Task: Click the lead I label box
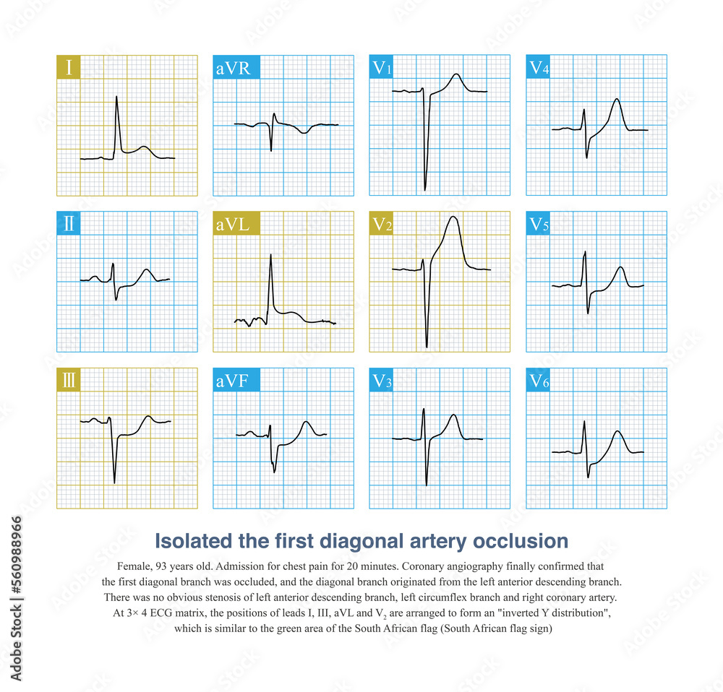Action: [x=69, y=67]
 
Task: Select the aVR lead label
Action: [x=236, y=67]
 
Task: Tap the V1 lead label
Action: [x=383, y=67]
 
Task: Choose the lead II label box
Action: [x=69, y=223]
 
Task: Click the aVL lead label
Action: [x=236, y=223]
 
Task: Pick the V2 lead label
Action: [x=383, y=224]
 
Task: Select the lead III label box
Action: [x=69, y=380]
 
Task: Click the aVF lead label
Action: [x=235, y=380]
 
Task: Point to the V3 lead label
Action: [x=383, y=380]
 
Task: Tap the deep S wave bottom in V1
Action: [x=425, y=189]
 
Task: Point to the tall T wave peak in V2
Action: [x=453, y=217]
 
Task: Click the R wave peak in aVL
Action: [x=270, y=254]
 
